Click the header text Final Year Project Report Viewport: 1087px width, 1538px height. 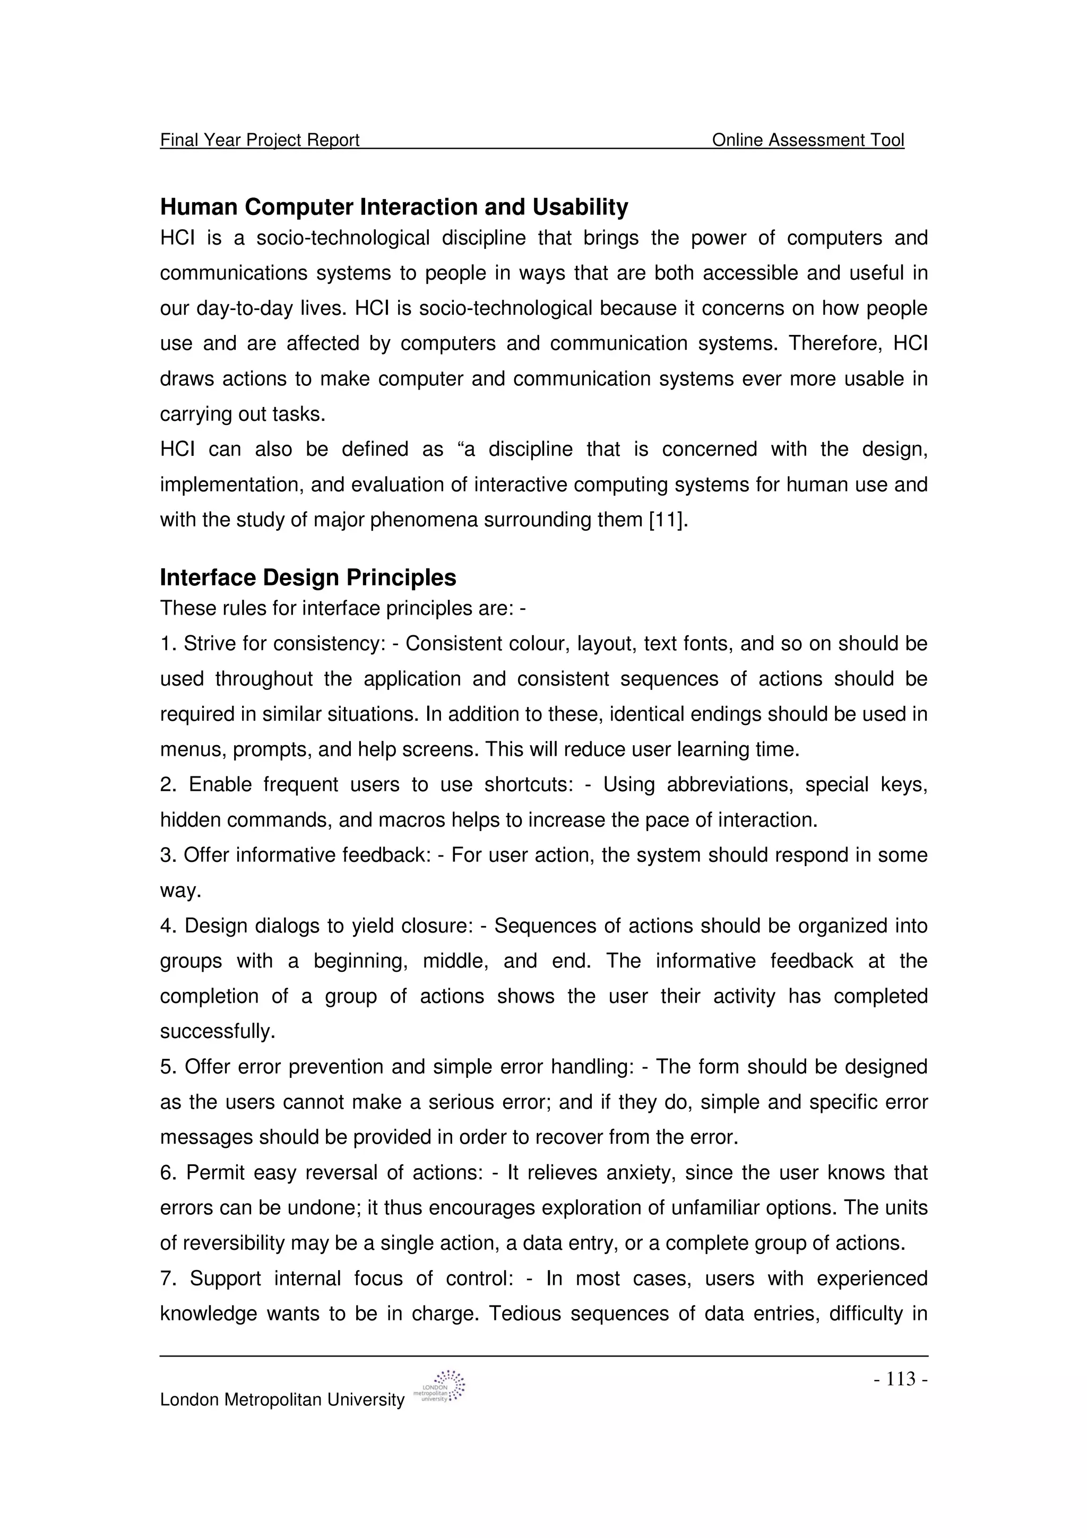coord(260,140)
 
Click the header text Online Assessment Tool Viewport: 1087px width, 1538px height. coord(808,140)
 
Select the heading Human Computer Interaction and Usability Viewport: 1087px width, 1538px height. coord(394,207)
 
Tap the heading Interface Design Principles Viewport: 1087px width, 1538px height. coord(308,577)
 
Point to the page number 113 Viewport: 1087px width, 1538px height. coord(901,1379)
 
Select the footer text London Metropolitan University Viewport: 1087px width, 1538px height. coord(282,1400)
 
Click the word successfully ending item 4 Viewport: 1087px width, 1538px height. coord(217,1032)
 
